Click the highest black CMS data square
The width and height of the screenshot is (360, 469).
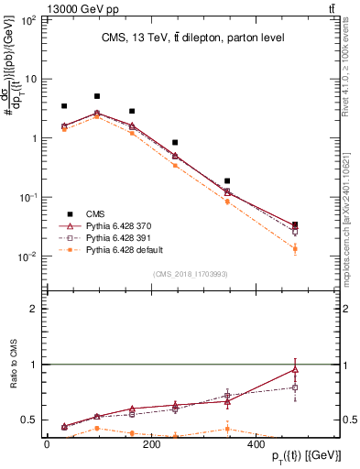point(97,96)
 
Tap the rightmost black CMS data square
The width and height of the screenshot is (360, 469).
point(294,224)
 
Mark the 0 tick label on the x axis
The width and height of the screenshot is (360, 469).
point(46,444)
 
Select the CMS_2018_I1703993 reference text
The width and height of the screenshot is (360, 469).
point(191,273)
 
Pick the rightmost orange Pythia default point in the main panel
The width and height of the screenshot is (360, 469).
point(294,248)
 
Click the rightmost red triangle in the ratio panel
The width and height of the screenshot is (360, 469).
point(294,369)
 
